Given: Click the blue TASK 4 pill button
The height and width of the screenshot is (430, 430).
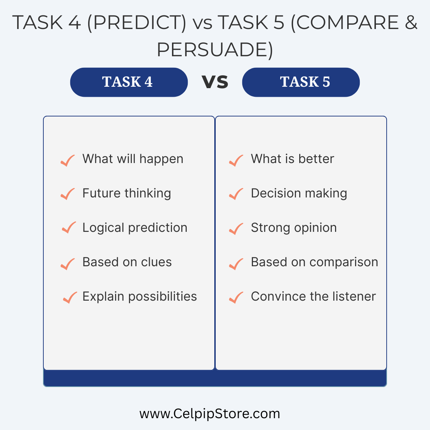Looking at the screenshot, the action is (x=129, y=82).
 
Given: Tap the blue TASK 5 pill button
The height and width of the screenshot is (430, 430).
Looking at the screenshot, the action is (x=301, y=82).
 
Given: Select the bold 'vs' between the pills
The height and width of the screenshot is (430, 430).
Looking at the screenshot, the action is (x=215, y=82).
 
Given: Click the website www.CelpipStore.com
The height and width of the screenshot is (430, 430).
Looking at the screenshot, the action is (x=210, y=414).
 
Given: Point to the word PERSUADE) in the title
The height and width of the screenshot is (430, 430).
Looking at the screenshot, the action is (x=215, y=50).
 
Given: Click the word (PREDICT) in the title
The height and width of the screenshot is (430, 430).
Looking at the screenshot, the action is (x=137, y=23).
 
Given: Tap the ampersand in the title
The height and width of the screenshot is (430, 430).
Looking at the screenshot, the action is (x=411, y=22).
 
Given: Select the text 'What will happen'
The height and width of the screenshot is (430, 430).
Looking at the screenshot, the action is (x=133, y=159).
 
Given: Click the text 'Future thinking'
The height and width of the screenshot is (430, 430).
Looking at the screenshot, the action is (x=127, y=193).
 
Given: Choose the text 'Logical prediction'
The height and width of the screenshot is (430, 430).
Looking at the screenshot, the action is (x=135, y=228).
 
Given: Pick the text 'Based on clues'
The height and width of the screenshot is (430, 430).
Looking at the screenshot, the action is (x=127, y=262).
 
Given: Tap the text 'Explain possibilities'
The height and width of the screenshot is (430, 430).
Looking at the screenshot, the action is (x=140, y=297).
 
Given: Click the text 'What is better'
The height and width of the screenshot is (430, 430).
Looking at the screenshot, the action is (x=292, y=159).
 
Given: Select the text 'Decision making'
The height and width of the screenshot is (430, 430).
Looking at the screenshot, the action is (x=299, y=193).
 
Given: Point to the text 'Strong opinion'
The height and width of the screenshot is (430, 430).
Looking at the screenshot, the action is (x=294, y=228).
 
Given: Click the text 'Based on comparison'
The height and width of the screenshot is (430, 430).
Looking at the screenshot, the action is (x=314, y=262).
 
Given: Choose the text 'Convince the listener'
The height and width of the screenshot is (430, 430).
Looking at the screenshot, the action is (x=313, y=296).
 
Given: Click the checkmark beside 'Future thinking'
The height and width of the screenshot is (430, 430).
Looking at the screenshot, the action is (x=68, y=194).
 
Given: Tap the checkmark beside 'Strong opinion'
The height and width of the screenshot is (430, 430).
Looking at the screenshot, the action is (x=236, y=229).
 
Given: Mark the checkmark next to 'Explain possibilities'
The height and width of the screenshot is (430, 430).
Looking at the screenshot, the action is (x=70, y=298).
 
